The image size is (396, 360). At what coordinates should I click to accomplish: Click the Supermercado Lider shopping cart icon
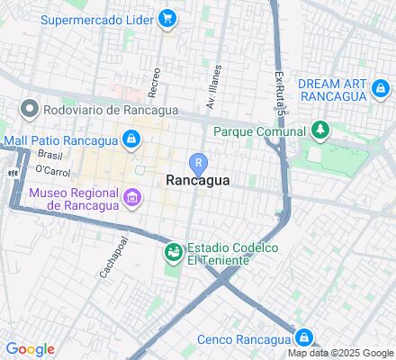coord(167,17)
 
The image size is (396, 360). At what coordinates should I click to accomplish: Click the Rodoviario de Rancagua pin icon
coord(29,110)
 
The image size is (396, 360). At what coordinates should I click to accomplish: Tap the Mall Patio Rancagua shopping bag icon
coord(131,139)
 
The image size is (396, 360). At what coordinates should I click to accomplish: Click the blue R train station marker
coord(198,163)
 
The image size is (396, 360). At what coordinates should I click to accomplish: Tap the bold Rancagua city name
coord(198,180)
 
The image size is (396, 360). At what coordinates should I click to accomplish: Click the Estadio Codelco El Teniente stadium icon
coord(172,254)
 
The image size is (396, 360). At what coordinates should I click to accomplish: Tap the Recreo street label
coord(156,82)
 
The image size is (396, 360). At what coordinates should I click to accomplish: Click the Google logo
coord(30,349)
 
